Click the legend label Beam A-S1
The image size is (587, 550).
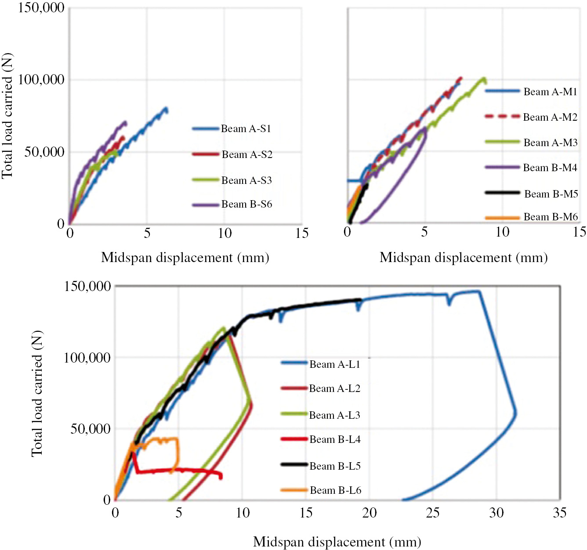tap(246, 129)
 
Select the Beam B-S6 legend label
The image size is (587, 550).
tap(246, 204)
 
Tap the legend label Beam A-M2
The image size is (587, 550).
tap(550, 117)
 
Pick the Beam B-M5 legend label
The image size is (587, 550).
tap(551, 194)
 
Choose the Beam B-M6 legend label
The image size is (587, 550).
tap(551, 217)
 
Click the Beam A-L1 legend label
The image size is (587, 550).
tap(334, 364)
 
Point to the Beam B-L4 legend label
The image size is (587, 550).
tap(335, 439)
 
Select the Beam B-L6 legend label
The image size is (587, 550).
tap(335, 490)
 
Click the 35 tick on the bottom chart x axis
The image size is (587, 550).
tap(560, 513)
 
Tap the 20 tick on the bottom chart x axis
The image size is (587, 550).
tap(369, 513)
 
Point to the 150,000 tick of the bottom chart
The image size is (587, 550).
tap(87, 286)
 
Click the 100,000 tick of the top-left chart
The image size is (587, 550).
tap(41, 79)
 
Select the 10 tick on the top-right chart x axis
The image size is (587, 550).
tap(502, 232)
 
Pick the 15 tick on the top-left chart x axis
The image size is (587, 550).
tap(302, 233)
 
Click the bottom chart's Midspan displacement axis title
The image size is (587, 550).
tap(337, 542)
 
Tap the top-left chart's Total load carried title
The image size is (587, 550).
tap(7, 116)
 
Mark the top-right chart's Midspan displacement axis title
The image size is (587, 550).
tap(464, 257)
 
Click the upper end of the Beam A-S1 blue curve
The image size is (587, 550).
tap(166, 108)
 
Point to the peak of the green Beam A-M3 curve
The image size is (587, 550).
tap(484, 79)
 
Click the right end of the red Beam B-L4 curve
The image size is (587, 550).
tap(221, 476)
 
